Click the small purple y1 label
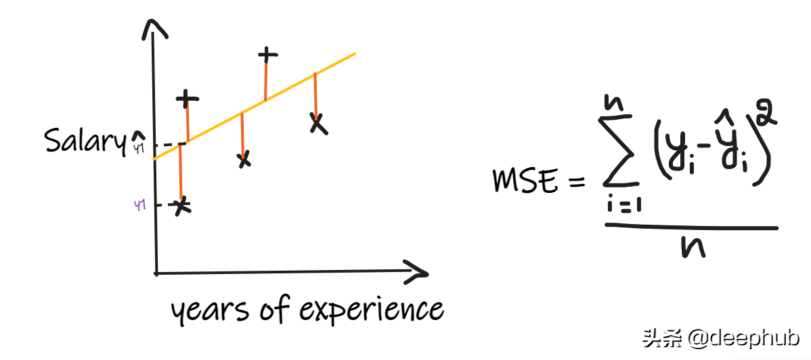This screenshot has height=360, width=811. point(141,205)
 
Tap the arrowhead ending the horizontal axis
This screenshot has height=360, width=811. point(414,273)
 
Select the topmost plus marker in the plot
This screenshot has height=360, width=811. point(268,54)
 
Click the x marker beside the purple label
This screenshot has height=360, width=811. point(181,207)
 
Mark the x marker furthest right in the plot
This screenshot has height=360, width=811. point(316,122)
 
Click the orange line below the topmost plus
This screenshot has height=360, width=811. point(267,80)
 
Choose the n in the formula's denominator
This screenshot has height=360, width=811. point(693,248)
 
